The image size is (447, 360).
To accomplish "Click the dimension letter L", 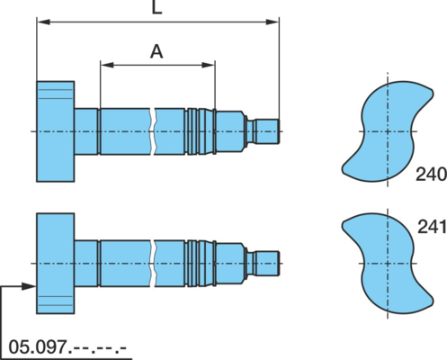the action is [156, 7].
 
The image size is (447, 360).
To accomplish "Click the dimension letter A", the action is [156, 51].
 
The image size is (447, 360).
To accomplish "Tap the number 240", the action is [431, 175].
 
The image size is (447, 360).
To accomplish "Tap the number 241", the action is [432, 227].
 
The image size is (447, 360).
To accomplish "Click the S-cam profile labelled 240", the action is [388, 131].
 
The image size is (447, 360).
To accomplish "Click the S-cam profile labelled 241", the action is [388, 264].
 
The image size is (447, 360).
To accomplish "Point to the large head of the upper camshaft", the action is [56, 131].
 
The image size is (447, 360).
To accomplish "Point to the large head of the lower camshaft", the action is [56, 264].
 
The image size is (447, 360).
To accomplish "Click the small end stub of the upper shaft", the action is [267, 131].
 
